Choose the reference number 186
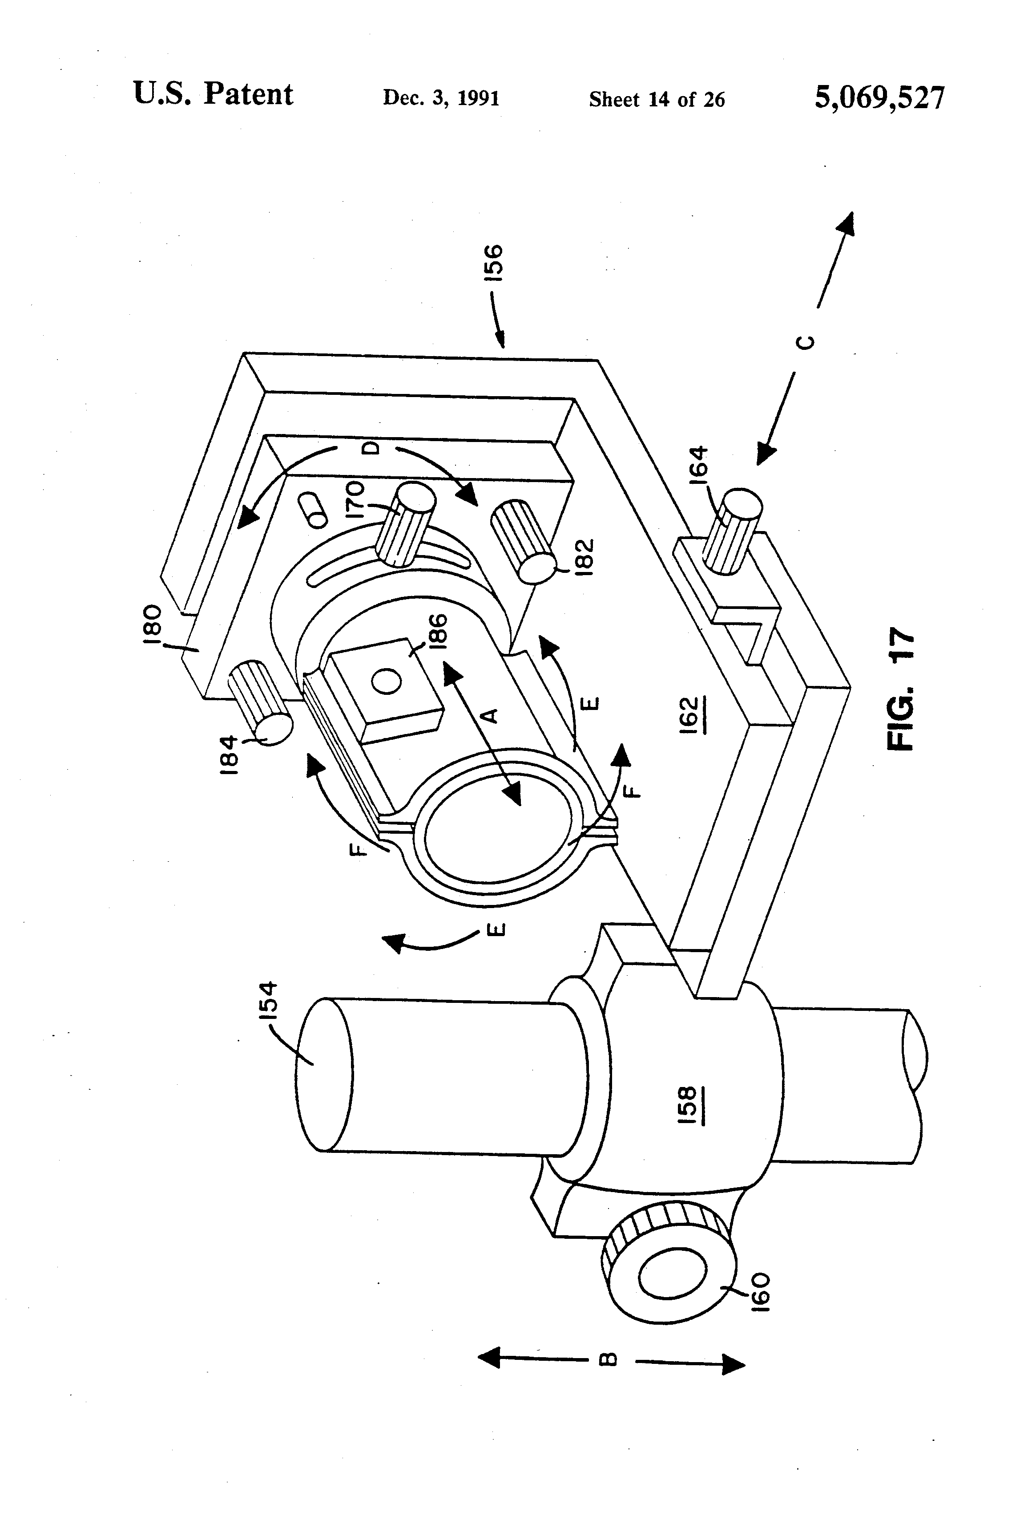pyautogui.click(x=438, y=633)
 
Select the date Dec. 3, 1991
pyautogui.click(x=441, y=98)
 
